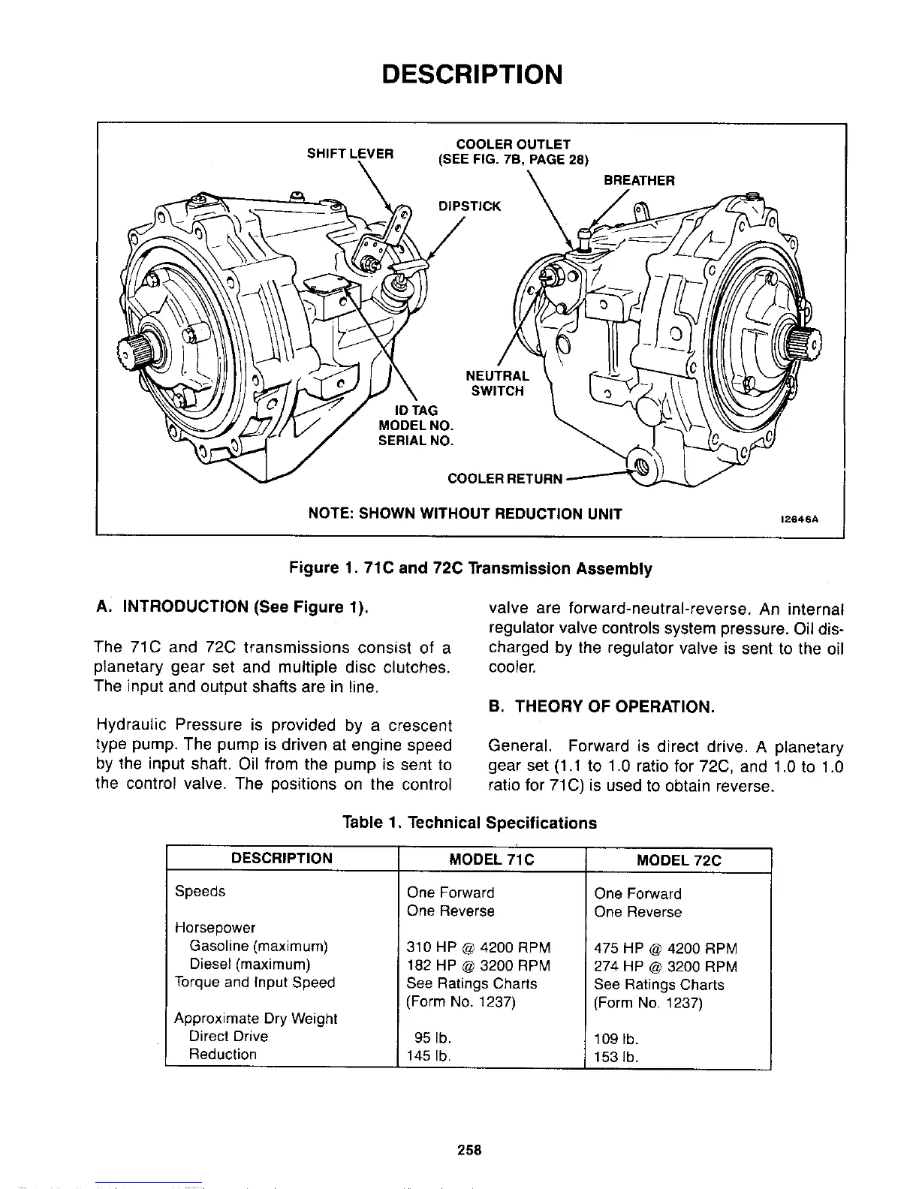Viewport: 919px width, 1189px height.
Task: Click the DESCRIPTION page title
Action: pos(471,74)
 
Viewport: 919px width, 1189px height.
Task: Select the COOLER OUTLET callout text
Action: pos(514,144)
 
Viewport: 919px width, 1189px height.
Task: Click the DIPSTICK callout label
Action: pos(469,206)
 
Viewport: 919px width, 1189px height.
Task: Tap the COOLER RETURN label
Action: pos(505,478)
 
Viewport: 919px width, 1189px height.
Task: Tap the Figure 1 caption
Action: pos(471,568)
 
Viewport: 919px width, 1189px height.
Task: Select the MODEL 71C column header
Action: pos(491,859)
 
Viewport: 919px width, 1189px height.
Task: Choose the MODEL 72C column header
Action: pos(678,860)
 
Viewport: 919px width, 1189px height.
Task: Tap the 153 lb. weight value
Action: pos(616,1057)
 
